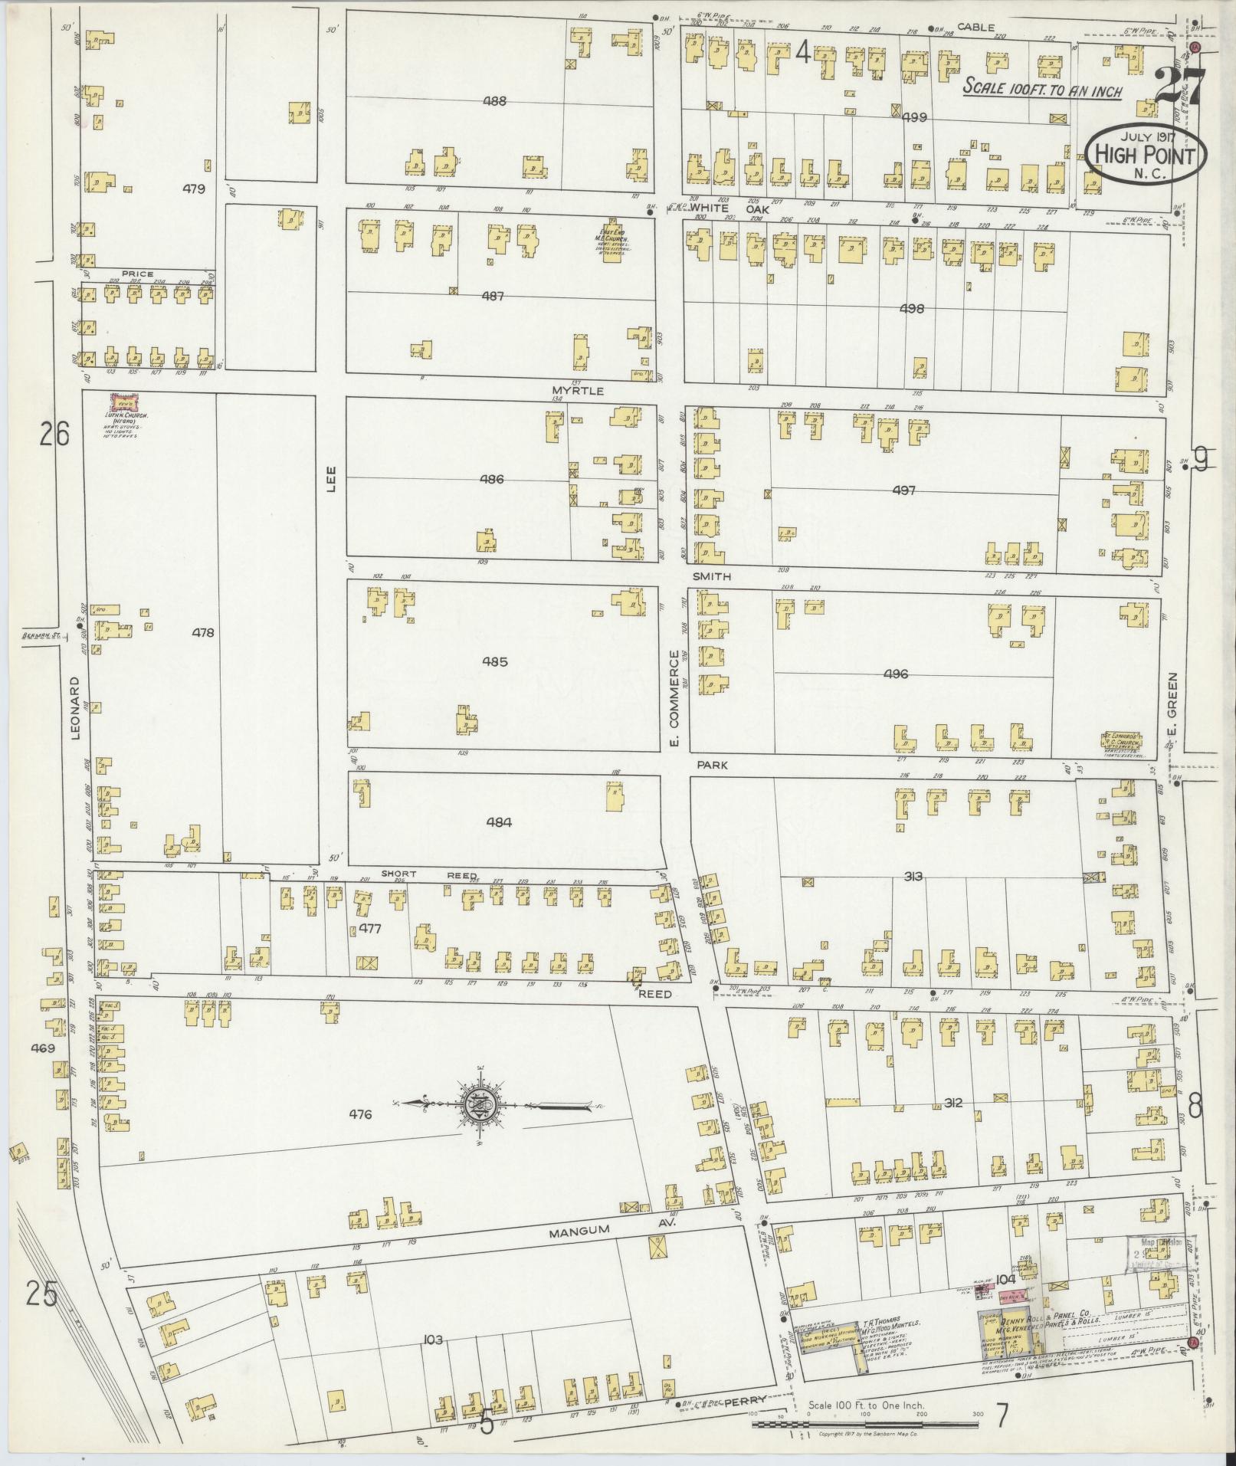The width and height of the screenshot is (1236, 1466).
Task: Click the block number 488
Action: pos(497,100)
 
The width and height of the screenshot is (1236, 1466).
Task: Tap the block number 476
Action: pos(360,1114)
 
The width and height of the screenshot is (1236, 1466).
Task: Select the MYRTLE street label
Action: pos(578,391)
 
